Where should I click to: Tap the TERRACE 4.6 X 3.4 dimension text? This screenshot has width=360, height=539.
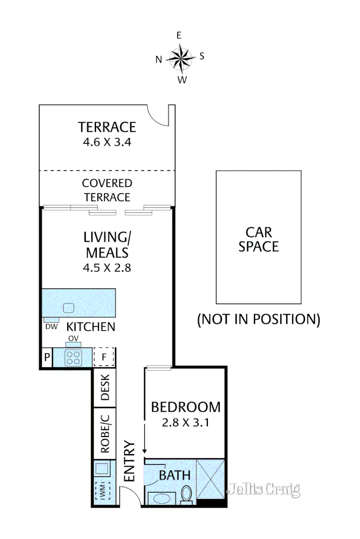[107, 142]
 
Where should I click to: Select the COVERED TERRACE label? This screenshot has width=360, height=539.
[107, 190]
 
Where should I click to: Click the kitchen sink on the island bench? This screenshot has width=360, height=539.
[68, 308]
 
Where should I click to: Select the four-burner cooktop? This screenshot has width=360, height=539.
[74, 358]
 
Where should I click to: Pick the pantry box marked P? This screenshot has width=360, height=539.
[47, 358]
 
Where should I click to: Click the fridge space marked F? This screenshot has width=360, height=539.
[104, 358]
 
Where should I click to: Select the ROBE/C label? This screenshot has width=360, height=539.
[105, 433]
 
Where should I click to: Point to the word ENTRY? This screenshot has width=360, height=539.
[129, 461]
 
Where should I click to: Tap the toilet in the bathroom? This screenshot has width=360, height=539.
[187, 495]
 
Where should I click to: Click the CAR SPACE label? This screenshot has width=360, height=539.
[259, 239]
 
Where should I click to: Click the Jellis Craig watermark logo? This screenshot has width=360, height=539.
[264, 489]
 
